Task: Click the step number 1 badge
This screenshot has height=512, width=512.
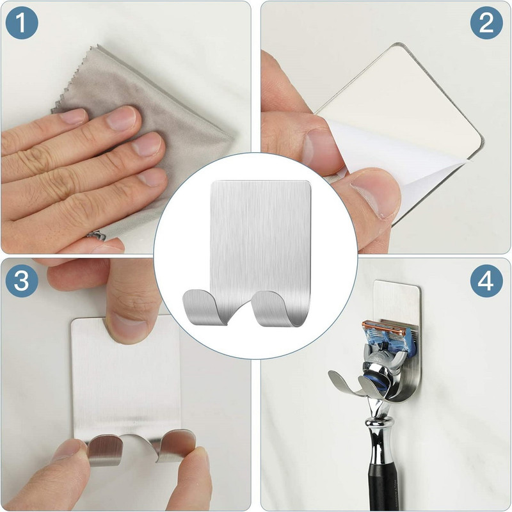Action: click(22, 23)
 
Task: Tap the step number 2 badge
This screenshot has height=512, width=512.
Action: click(486, 23)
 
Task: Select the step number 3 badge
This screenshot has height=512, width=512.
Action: click(22, 281)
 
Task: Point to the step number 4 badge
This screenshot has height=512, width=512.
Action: click(486, 281)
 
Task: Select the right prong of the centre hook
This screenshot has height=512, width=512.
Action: click(278, 308)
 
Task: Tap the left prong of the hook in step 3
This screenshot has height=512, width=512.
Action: click(104, 449)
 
